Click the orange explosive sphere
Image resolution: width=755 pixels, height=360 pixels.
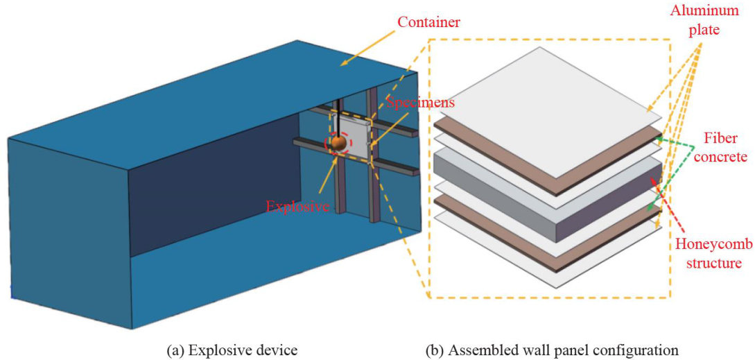pyautogui.click(x=338, y=142)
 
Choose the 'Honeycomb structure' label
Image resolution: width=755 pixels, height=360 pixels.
pyautogui.click(x=709, y=254)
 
